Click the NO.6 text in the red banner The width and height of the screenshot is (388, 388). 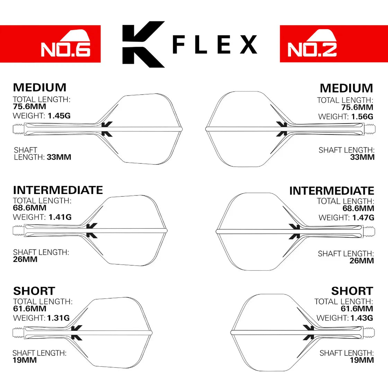(x=65, y=49)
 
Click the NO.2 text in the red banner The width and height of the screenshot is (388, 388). (x=312, y=49)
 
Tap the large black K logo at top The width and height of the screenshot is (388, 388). (x=142, y=44)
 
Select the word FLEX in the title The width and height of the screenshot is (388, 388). (x=215, y=44)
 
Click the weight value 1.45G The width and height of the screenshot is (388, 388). (x=59, y=116)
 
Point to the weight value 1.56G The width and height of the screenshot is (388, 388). (x=362, y=117)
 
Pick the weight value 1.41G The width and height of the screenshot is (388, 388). (x=60, y=217)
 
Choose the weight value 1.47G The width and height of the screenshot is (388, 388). (x=363, y=218)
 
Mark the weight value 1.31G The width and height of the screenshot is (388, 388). (x=58, y=318)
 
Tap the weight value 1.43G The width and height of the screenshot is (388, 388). (x=362, y=318)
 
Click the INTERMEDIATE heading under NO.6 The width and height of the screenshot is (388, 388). (x=58, y=190)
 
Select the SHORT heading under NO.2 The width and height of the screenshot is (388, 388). (x=352, y=291)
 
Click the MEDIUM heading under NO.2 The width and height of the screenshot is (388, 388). (x=346, y=88)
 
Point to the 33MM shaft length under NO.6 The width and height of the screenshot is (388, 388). (x=59, y=157)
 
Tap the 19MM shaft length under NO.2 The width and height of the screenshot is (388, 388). (x=362, y=360)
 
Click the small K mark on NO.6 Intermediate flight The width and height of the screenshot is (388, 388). (x=92, y=230)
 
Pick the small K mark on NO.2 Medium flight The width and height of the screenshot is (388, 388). (x=282, y=129)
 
